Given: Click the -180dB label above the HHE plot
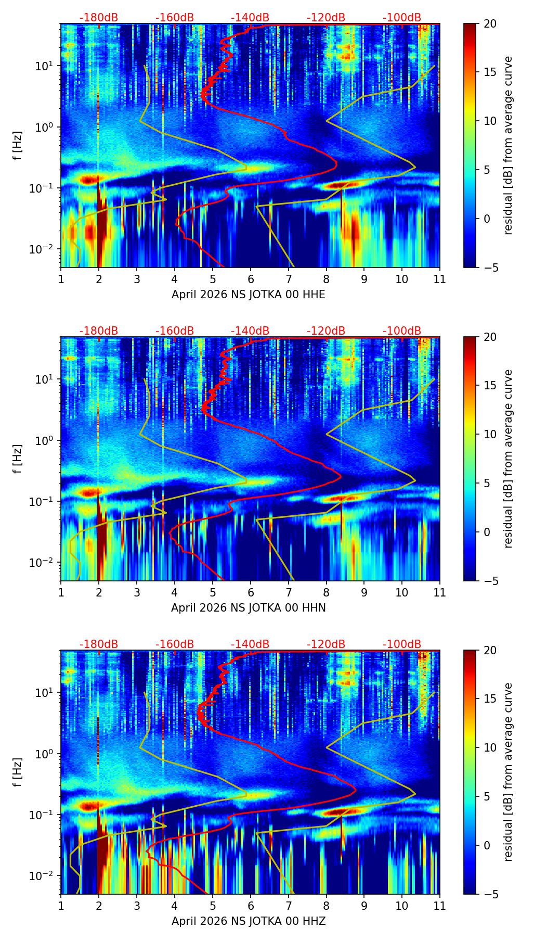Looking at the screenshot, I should point(99,18).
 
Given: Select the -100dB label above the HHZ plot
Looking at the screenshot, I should point(402,644).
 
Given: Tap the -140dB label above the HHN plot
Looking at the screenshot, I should point(250,331).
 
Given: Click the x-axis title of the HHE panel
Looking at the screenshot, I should point(249,295).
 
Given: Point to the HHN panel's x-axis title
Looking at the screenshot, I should point(249,608).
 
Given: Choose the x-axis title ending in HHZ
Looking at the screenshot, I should point(249,921).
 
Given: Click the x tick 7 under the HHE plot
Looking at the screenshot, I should point(289,279).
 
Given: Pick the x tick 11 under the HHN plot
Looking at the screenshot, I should point(439,592).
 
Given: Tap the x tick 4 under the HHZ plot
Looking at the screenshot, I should point(175,906).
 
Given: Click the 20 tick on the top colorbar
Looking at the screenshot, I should point(490,24).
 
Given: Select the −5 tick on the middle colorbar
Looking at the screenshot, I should point(490,581).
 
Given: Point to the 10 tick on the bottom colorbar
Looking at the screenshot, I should point(490,748).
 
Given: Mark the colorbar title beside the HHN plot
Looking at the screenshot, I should point(509,459).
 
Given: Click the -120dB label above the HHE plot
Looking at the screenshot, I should point(326,18).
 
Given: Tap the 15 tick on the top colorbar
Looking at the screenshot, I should point(490,72).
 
